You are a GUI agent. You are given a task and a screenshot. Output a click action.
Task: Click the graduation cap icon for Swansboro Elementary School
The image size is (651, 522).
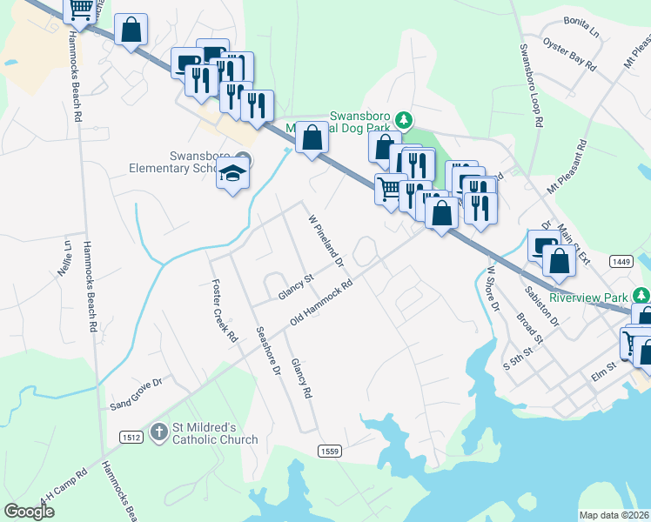232,175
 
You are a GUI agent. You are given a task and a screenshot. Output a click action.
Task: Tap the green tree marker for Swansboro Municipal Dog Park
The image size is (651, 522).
403,118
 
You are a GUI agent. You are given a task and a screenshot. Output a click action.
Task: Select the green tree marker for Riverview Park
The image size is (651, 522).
641,297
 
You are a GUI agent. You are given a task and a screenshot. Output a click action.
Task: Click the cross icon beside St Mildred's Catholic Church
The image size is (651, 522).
158,431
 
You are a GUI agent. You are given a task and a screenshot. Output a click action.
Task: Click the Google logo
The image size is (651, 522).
30,511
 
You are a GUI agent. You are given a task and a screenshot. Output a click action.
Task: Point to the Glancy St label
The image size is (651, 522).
296,286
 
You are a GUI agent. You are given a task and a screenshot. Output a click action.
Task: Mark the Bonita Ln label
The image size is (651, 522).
583,29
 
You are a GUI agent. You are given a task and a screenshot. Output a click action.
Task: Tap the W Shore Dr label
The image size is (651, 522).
493,289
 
